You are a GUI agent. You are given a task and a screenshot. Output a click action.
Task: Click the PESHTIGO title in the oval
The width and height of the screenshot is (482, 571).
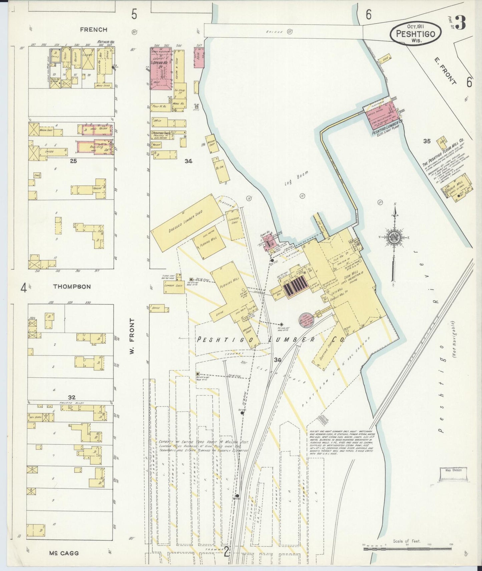(x=416, y=34)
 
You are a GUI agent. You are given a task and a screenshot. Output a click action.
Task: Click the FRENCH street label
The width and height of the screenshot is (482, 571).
(x=94, y=30)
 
